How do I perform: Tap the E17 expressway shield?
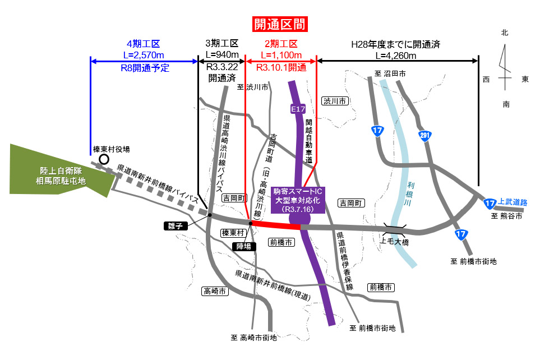[x=297, y=109]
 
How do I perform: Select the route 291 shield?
[x=425, y=135]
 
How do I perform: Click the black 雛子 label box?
[x=173, y=226]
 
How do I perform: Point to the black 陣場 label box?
[x=246, y=246]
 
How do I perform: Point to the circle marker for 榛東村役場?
[x=104, y=160]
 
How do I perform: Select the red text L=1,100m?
[x=281, y=55]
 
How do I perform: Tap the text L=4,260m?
[x=396, y=55]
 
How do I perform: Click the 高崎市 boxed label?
[x=214, y=292]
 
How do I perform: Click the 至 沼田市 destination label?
[x=390, y=73]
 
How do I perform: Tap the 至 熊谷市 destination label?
[x=506, y=215]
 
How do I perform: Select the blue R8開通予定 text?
[x=145, y=68]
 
